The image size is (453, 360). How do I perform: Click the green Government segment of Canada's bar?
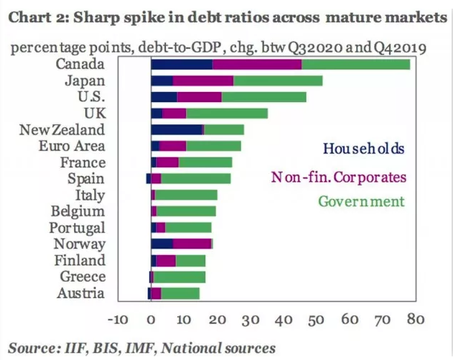pyautogui.click(x=355, y=65)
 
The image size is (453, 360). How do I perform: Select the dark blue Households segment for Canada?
pyautogui.click(x=182, y=65)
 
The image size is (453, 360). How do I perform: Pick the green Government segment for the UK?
pyautogui.click(x=227, y=113)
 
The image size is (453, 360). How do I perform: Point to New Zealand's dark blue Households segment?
pyautogui.click(x=177, y=129)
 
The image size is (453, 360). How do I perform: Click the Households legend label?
pyautogui.click(x=364, y=149)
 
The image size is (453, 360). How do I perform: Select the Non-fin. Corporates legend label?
pyautogui.click(x=338, y=176)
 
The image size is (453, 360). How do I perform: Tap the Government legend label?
pyautogui.click(x=361, y=202)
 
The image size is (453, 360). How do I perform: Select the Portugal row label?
pyautogui.click(x=77, y=228)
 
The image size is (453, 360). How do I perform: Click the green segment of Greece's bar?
pyautogui.click(x=179, y=277)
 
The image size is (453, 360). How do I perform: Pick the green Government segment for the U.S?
pyautogui.click(x=263, y=97)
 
